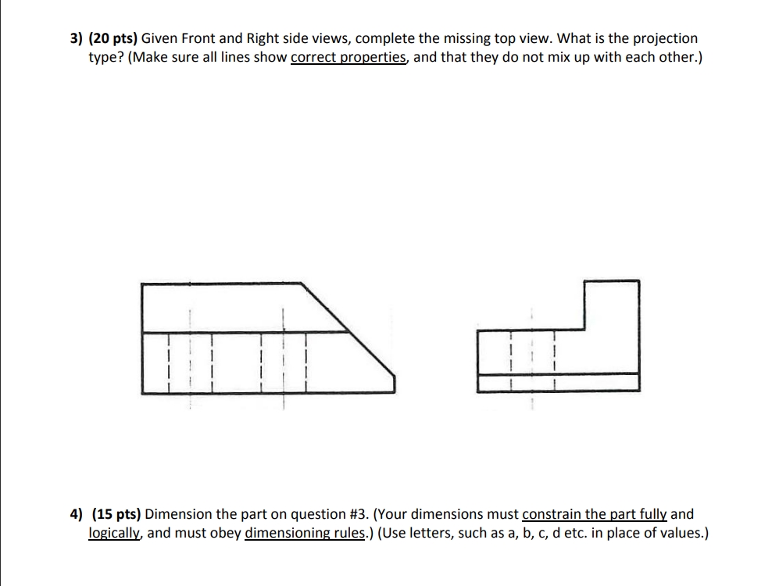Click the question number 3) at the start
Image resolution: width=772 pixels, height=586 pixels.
74,38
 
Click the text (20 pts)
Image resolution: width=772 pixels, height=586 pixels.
114,38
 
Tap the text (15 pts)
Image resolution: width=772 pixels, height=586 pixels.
116,514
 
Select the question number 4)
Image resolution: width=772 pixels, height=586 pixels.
77,514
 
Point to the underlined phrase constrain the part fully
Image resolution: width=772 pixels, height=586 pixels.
594,514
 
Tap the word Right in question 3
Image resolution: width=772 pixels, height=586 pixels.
265,38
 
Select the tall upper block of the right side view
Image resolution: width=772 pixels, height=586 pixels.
612,305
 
